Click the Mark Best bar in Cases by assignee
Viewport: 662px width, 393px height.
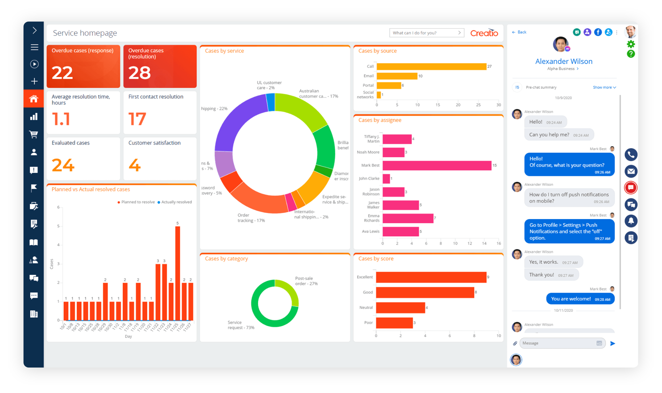[437, 165]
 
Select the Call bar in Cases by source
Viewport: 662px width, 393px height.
[431, 67]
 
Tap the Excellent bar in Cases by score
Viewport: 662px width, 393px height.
[431, 277]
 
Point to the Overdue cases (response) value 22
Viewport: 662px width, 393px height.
[62, 72]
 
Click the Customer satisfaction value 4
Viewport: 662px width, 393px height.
[135, 165]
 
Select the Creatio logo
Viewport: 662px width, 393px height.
[484, 33]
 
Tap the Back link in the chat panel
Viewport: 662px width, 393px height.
[519, 32]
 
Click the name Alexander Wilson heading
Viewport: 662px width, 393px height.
[564, 61]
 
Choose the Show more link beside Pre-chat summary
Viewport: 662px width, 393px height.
[604, 87]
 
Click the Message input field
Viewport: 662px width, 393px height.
[558, 343]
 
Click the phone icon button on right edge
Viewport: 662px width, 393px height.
[631, 155]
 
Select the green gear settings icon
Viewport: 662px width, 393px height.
[631, 44]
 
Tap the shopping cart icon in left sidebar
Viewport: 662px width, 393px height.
[34, 134]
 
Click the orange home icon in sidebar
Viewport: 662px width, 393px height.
[34, 99]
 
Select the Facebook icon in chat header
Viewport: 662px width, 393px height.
[598, 32]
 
